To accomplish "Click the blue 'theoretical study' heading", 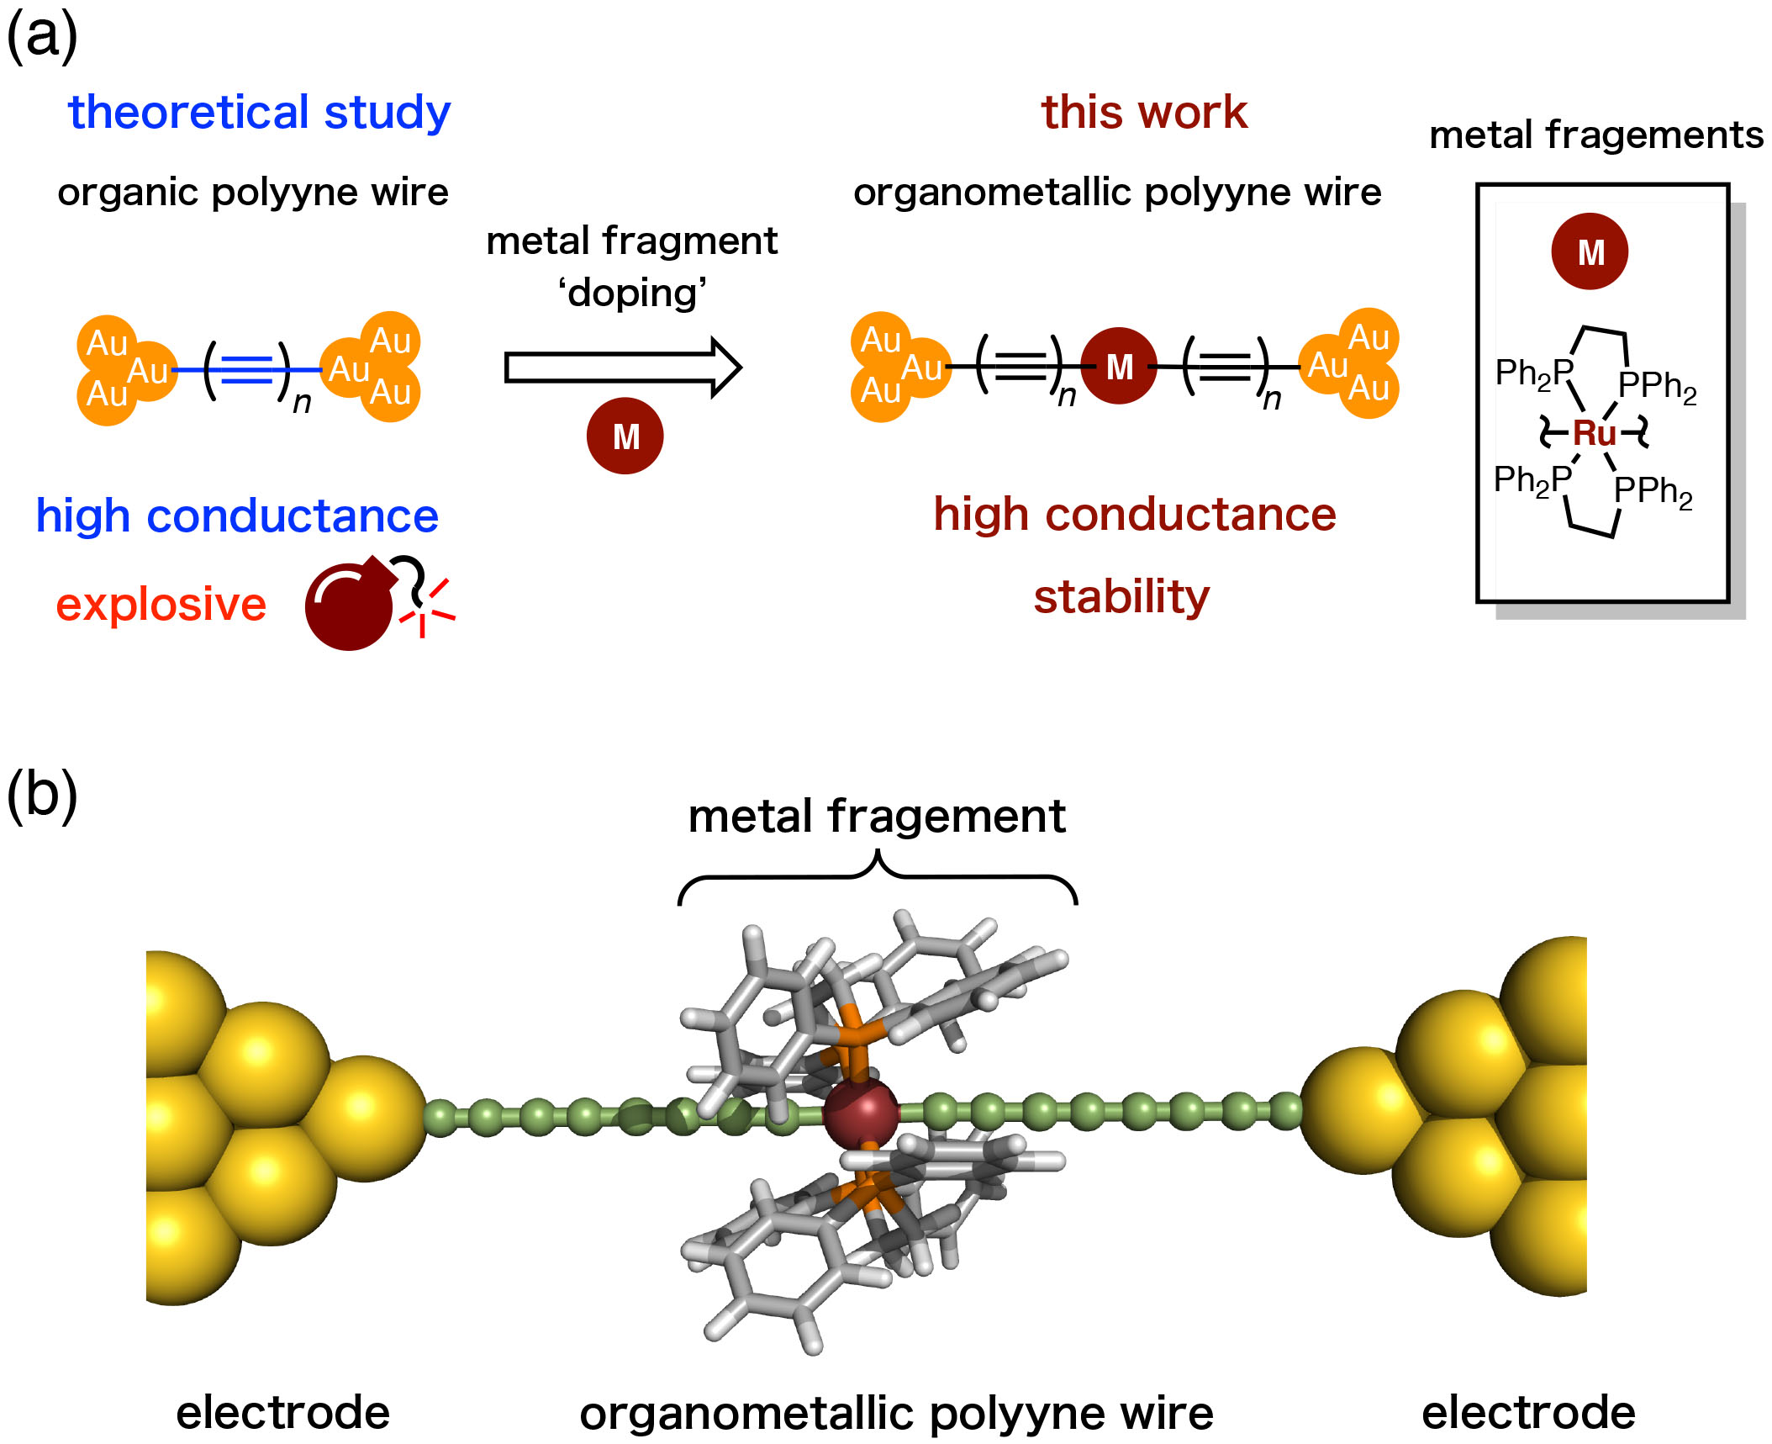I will [259, 113].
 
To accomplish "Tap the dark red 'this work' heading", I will [1144, 113].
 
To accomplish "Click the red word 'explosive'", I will [161, 605].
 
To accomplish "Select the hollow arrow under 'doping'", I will [622, 368].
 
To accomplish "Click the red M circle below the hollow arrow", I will [625, 436].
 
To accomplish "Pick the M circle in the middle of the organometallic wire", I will [1119, 367].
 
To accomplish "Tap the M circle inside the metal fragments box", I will [1590, 251].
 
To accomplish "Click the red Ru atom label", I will [1594, 433].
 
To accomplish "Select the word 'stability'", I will [1121, 597].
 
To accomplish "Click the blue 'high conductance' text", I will [236, 516].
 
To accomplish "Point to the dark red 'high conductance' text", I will [1134, 514].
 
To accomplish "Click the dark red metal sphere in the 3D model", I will [861, 1113].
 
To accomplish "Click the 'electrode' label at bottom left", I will [282, 1412].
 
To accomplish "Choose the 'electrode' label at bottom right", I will [1527, 1412].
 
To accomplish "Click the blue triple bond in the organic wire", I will [247, 370].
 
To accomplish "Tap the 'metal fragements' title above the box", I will [1595, 135].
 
